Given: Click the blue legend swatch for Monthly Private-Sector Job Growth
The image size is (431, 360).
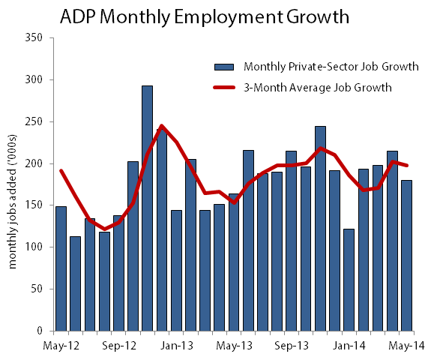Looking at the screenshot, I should [x=225, y=67].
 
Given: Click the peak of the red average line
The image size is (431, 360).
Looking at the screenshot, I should [x=162, y=126].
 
